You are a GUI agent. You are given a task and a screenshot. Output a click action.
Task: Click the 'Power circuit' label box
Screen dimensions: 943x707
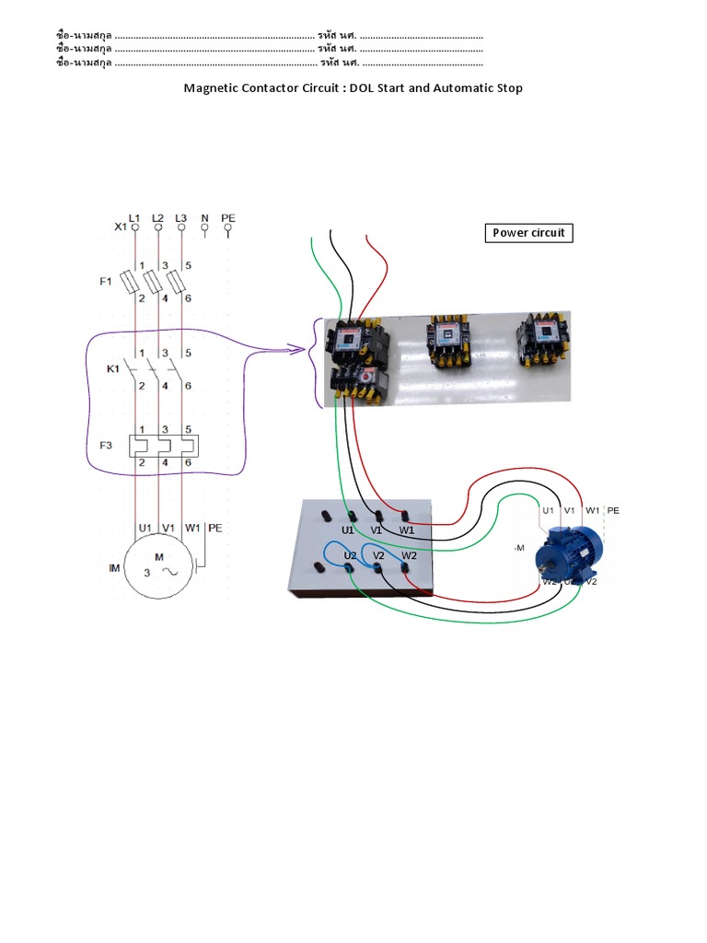528,233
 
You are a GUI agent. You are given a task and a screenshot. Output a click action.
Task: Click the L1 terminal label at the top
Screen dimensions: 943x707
134,218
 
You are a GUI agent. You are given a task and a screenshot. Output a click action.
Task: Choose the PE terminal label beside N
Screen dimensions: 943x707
228,218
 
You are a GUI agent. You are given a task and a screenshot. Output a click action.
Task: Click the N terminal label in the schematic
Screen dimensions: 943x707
204,218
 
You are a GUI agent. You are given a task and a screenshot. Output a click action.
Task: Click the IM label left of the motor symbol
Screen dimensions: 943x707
114,569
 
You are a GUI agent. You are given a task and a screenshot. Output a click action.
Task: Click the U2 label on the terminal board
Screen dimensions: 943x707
350,556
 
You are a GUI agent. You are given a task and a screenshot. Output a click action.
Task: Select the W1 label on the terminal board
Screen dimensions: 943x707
406,530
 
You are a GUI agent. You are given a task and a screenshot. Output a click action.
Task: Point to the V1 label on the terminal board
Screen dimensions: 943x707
377,530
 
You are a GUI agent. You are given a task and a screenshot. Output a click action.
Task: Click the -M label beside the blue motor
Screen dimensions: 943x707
518,548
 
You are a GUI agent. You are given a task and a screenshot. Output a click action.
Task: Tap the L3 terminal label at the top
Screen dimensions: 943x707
181,218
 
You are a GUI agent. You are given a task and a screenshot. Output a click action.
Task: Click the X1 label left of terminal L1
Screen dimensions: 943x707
120,227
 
